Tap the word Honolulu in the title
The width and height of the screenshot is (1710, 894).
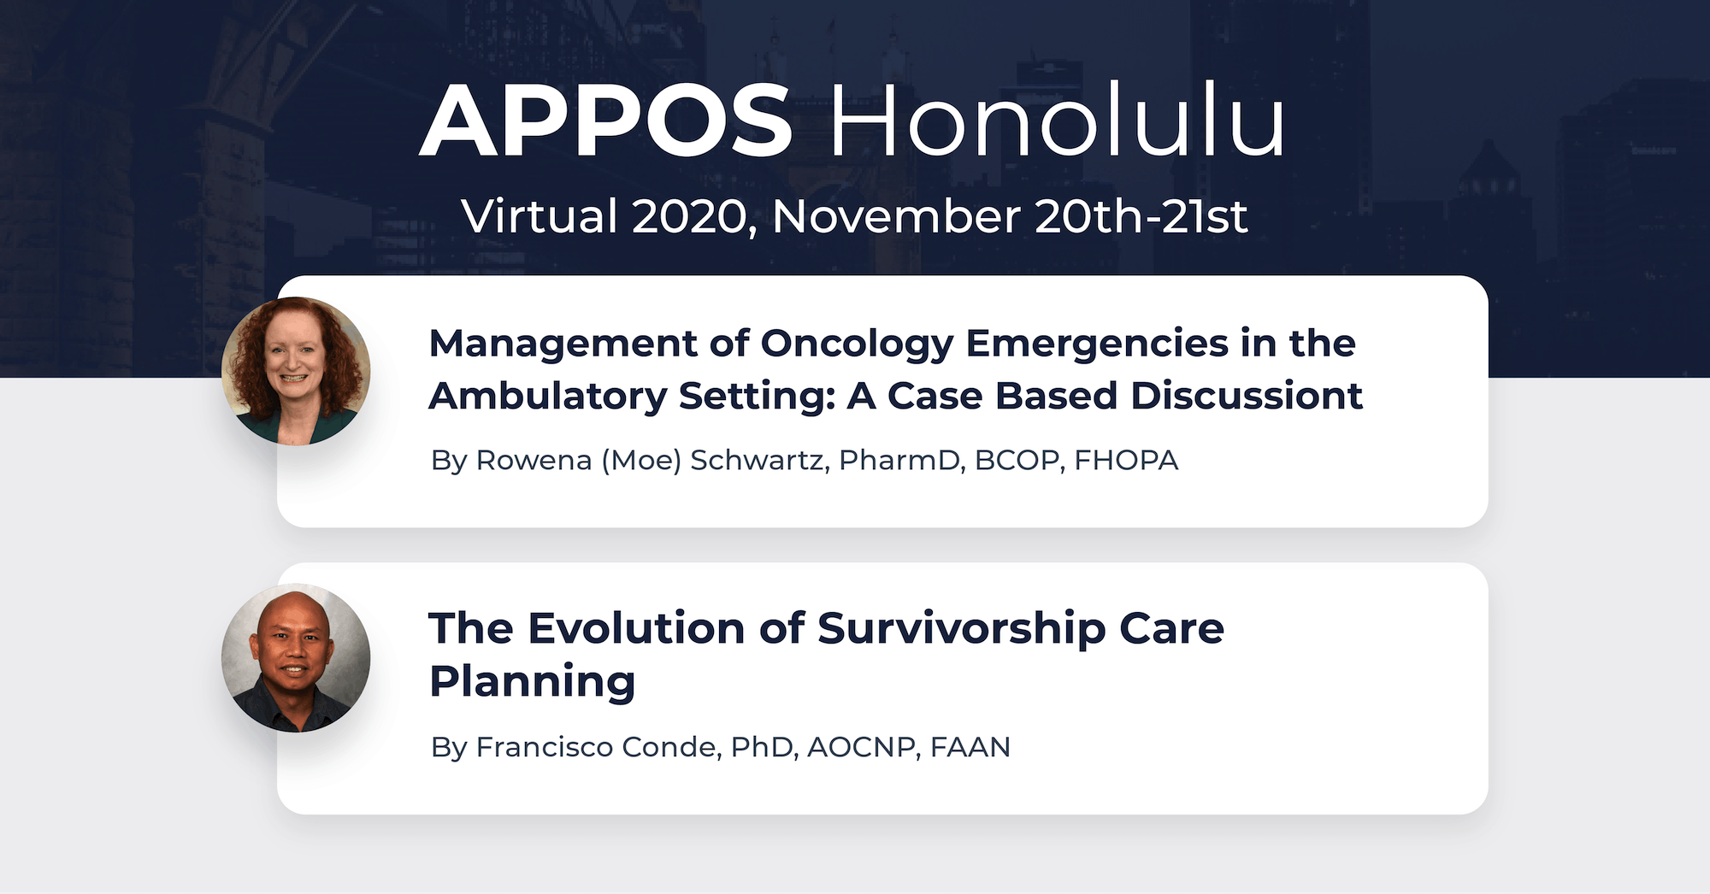click(1057, 121)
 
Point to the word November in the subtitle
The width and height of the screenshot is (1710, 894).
click(896, 216)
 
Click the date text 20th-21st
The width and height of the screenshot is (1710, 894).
click(1141, 216)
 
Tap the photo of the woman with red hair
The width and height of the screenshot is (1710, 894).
click(296, 371)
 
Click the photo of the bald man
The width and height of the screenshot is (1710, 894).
click(296, 657)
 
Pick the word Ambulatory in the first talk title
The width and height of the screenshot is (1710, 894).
click(548, 396)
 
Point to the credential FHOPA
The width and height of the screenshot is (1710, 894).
click(1126, 460)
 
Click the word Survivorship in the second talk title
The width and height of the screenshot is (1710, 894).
click(962, 629)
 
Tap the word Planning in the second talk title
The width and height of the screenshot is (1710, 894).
click(533, 682)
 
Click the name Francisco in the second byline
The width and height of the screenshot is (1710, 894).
click(544, 747)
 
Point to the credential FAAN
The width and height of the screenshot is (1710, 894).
click(970, 747)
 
